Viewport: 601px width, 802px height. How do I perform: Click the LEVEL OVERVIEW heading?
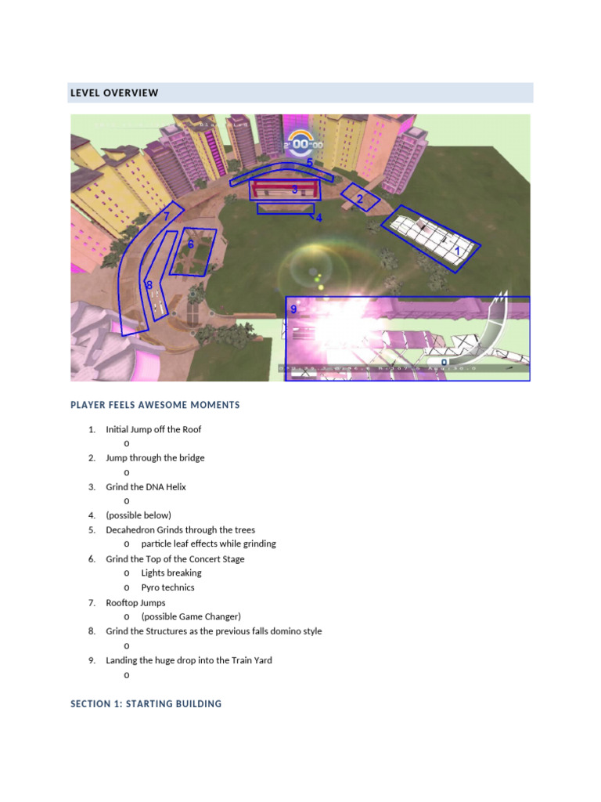114,93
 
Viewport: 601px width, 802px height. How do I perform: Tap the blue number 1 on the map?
458,251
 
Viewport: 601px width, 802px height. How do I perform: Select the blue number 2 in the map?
360,200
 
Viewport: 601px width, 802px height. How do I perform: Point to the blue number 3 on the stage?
294,190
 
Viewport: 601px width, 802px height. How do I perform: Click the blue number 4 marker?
318,219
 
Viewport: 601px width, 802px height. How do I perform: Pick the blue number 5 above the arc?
310,162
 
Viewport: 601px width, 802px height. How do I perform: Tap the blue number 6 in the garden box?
190,244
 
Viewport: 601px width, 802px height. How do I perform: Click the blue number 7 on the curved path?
166,215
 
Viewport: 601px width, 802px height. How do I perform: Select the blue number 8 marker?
149,286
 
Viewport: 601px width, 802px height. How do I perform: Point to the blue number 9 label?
293,309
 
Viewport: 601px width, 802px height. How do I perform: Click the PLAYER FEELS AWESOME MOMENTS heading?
155,405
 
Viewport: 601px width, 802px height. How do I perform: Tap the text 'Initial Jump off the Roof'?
153,429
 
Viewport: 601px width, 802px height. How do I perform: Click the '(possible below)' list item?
139,515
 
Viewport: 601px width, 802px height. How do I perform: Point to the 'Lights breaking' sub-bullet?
171,573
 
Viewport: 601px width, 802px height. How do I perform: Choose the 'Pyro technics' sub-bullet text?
167,587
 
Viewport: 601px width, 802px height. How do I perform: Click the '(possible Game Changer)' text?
191,616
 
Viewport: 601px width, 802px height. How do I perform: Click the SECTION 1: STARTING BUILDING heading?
146,704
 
